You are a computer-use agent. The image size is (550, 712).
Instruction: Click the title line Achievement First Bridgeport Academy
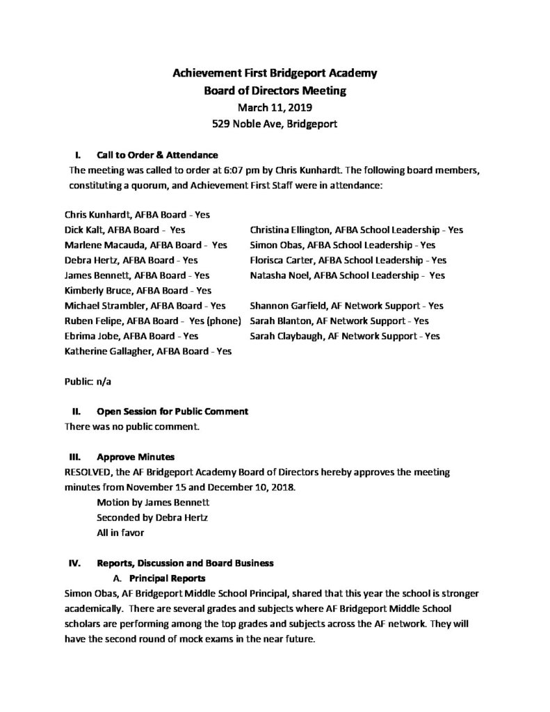[x=275, y=73]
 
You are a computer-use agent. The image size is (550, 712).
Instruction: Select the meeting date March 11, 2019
[x=275, y=108]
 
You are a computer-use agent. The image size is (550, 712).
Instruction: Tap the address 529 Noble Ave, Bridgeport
[x=275, y=125]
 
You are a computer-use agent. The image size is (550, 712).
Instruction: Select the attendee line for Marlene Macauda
[x=146, y=245]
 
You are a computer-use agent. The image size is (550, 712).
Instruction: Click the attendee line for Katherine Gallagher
[x=147, y=351]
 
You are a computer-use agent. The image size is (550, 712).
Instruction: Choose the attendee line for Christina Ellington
[x=356, y=229]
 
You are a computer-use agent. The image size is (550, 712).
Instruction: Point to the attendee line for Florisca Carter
[x=348, y=260]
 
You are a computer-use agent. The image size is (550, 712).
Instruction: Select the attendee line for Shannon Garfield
[x=346, y=305]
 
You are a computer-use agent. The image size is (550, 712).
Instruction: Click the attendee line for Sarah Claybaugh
[x=344, y=336]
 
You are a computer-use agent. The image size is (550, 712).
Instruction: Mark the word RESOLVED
[x=90, y=472]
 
